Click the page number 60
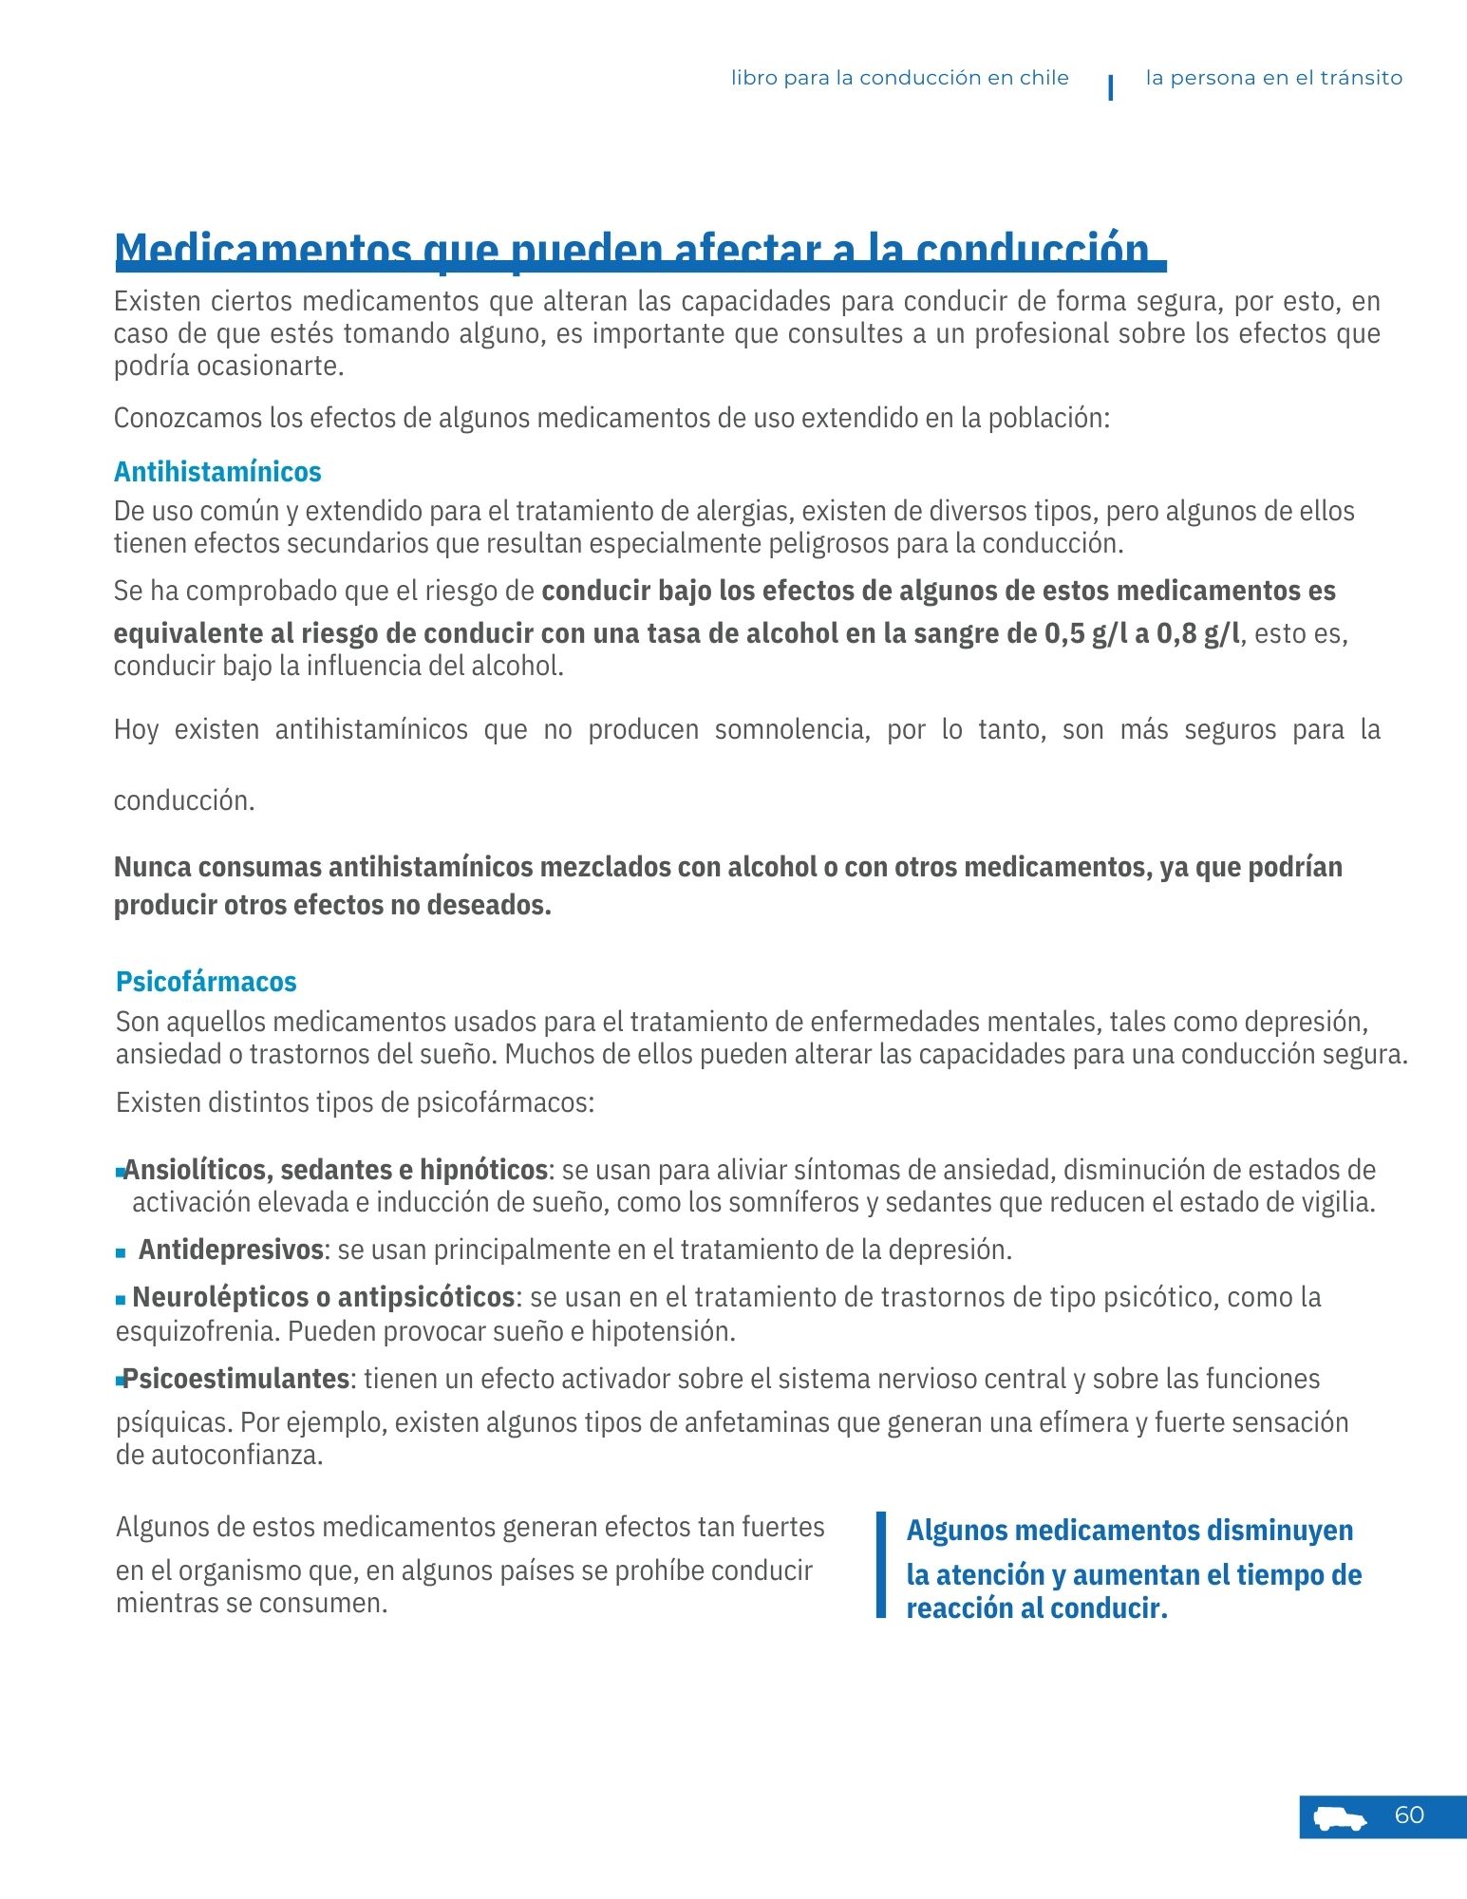(1409, 1814)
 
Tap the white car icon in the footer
(1340, 1817)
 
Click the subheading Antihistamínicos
(217, 471)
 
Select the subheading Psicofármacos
(206, 981)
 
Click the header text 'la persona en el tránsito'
(1273, 78)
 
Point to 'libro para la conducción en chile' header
(899, 78)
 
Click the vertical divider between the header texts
(1110, 86)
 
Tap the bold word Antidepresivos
(231, 1249)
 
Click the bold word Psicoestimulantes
(236, 1378)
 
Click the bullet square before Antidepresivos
(121, 1252)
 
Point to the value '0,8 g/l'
(1197, 632)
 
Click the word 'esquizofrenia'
(197, 1330)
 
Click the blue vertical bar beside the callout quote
(880, 1564)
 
